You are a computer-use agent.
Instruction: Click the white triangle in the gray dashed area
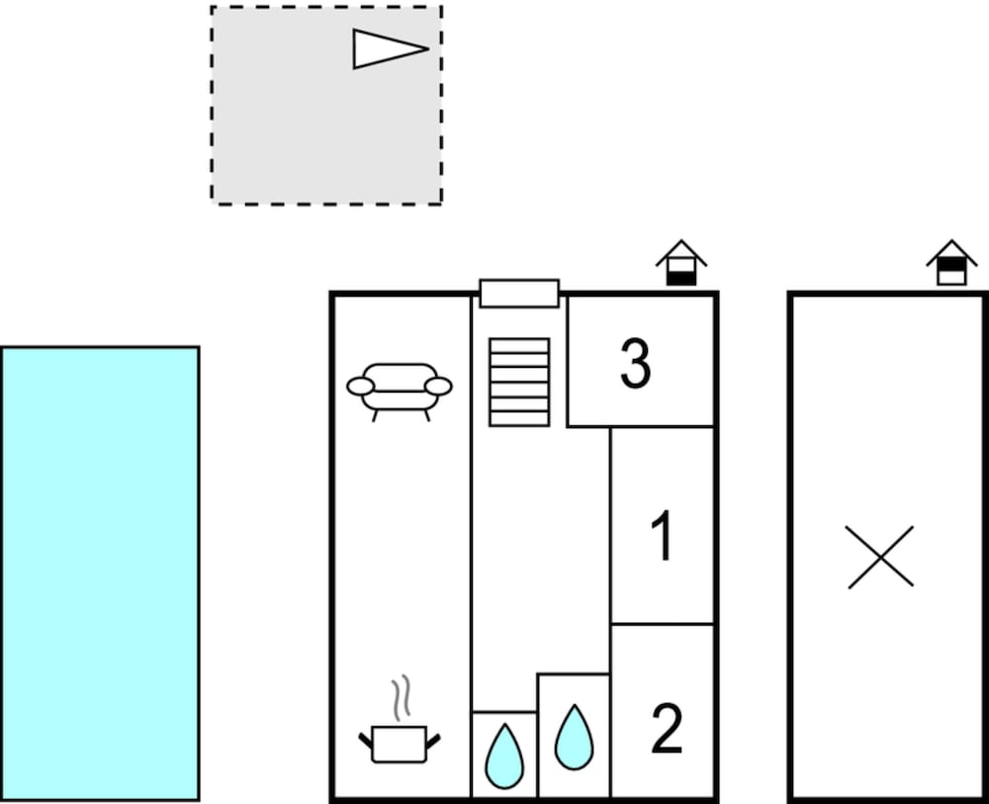click(x=385, y=48)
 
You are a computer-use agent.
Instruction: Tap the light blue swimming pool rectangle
click(x=100, y=574)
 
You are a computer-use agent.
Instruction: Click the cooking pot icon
click(x=400, y=744)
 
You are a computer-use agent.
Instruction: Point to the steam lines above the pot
click(x=401, y=697)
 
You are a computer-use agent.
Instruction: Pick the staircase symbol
click(x=519, y=382)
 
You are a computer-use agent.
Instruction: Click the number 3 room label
click(x=635, y=364)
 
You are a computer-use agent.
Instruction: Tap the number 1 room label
click(x=663, y=535)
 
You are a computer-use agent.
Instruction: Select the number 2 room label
click(x=667, y=728)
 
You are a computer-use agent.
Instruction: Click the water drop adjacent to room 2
click(x=574, y=738)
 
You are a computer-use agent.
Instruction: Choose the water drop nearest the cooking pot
click(x=504, y=757)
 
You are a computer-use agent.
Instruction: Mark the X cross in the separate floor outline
click(x=880, y=557)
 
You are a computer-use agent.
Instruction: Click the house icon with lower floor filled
click(x=681, y=263)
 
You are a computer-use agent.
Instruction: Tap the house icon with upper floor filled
click(x=951, y=263)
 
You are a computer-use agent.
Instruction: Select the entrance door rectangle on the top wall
click(x=519, y=294)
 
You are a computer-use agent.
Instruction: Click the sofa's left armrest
click(x=361, y=386)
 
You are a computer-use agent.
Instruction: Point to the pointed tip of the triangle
click(x=429, y=48)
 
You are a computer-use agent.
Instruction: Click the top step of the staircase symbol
click(x=519, y=345)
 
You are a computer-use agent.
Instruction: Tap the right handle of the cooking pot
click(x=433, y=742)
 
